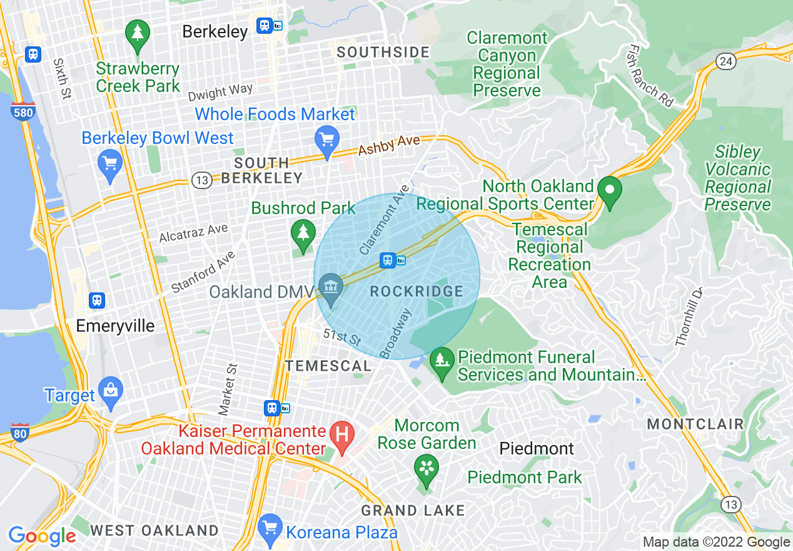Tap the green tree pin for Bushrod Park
click(x=303, y=234)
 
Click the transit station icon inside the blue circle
click(x=388, y=260)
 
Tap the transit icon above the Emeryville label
click(x=96, y=300)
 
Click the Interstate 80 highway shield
click(x=20, y=433)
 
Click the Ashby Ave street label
click(x=388, y=145)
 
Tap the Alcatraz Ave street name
click(x=193, y=233)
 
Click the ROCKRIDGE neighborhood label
click(x=417, y=292)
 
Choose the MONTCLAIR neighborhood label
click(x=695, y=424)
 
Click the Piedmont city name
click(x=537, y=448)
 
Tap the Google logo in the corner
click(x=43, y=536)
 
